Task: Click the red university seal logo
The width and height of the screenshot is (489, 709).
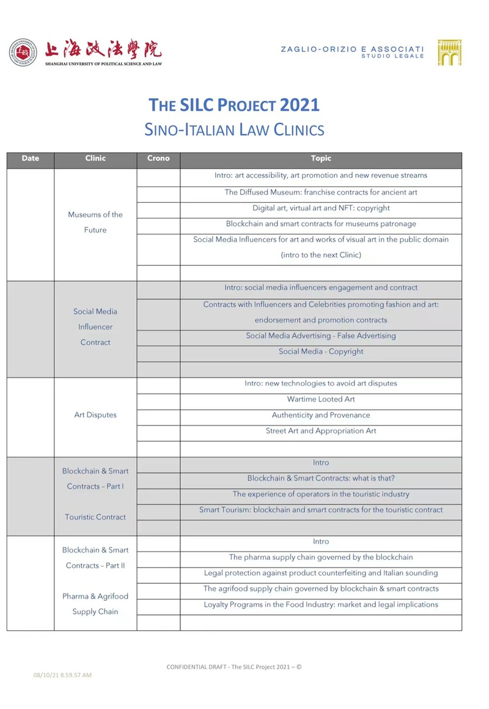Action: (23, 53)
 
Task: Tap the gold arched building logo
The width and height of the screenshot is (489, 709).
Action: (449, 53)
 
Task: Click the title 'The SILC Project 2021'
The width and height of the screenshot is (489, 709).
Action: (234, 105)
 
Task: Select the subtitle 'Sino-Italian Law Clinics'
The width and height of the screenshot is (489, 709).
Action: (234, 130)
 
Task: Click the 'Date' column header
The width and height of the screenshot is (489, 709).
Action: (30, 158)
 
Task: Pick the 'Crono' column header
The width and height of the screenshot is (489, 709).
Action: (158, 158)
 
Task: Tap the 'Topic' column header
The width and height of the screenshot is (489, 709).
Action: (321, 158)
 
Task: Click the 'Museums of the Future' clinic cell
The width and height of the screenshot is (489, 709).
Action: (95, 222)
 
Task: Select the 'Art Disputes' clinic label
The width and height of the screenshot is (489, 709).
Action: (95, 414)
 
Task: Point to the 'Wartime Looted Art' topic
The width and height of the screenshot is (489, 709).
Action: (321, 399)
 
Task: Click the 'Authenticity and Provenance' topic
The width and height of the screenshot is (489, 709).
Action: (321, 415)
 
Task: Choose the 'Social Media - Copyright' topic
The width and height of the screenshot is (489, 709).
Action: (321, 351)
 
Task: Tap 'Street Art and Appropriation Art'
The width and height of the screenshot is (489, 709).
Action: (321, 431)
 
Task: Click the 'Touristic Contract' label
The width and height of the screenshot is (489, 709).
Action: (95, 516)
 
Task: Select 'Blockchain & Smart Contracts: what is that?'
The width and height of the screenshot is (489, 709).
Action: (321, 478)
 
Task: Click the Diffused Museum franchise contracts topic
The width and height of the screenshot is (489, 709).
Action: (321, 192)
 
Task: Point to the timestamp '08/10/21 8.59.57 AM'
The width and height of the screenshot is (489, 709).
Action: (62, 675)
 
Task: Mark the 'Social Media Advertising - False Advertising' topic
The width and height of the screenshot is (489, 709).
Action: (321, 336)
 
